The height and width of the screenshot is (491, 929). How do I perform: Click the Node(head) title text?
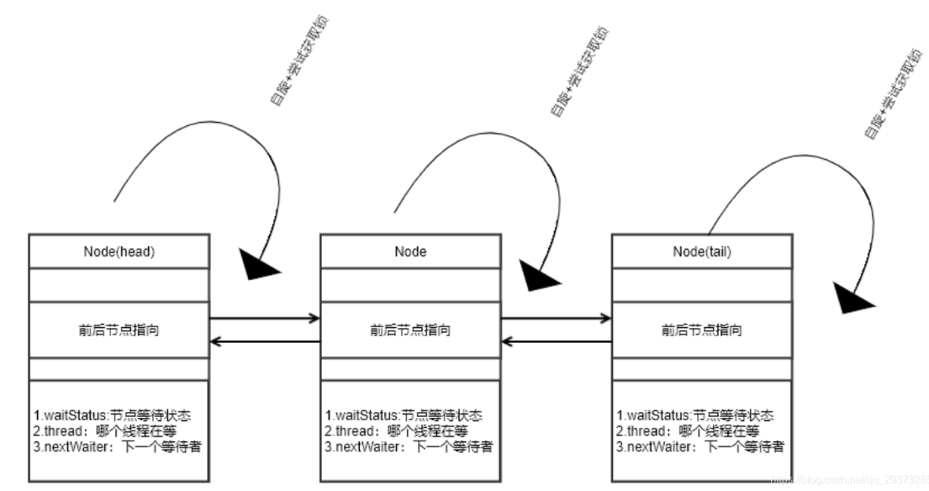(118, 251)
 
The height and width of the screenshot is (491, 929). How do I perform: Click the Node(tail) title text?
(701, 251)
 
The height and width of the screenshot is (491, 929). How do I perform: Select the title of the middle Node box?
(409, 251)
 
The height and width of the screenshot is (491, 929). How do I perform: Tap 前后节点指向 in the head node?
(118, 330)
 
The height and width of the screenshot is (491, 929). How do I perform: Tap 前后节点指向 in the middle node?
(409, 330)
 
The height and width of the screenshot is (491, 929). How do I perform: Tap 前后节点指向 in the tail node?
(701, 330)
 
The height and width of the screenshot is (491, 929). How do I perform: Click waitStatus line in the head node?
(110, 415)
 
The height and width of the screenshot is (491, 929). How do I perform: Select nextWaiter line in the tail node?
(699, 446)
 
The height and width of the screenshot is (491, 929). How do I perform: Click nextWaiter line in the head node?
(116, 446)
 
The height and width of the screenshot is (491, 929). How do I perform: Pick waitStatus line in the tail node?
(694, 415)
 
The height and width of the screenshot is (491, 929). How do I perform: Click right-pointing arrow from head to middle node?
(264, 318)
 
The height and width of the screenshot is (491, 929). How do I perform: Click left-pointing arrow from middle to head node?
(264, 342)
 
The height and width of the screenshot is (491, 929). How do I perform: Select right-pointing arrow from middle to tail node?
(556, 318)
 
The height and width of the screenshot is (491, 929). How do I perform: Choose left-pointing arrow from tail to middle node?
(556, 342)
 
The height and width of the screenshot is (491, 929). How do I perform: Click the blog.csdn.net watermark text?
(849, 476)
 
